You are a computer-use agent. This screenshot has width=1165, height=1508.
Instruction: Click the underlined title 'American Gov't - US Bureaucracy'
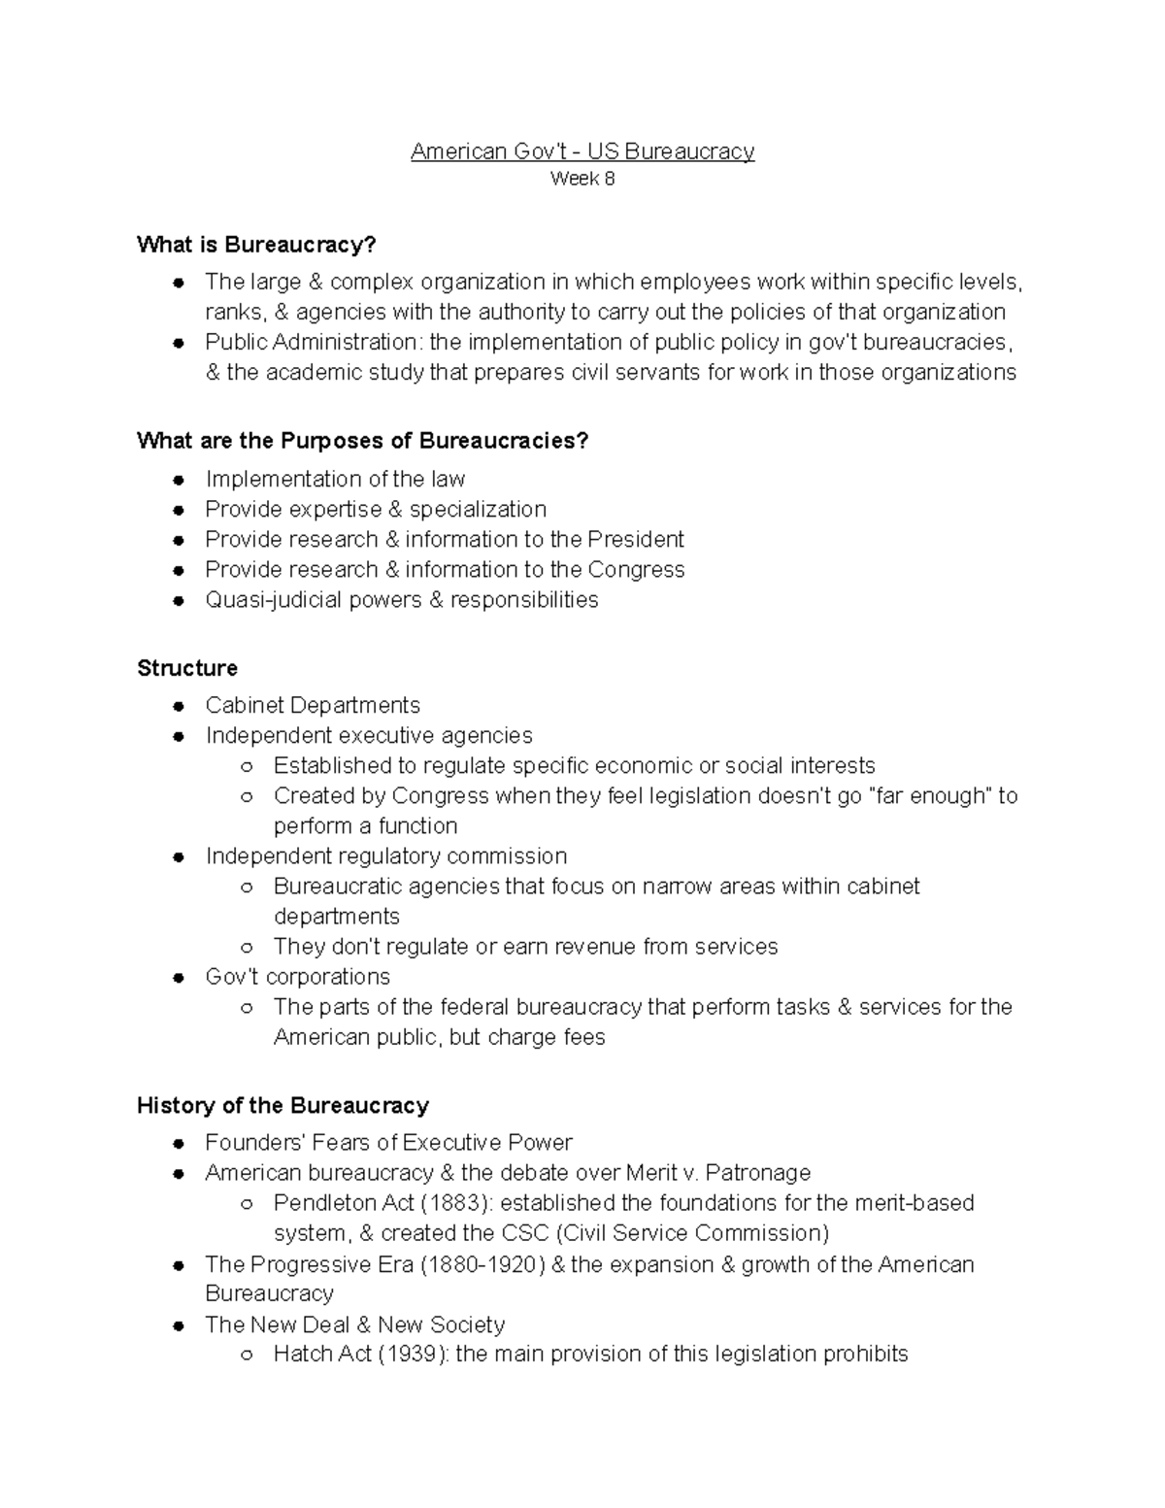(x=582, y=151)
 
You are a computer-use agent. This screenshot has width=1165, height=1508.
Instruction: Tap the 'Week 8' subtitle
(x=582, y=179)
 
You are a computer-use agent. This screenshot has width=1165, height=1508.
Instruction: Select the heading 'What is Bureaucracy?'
(x=256, y=245)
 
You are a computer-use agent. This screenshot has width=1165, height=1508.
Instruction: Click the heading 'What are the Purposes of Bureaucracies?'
(x=363, y=441)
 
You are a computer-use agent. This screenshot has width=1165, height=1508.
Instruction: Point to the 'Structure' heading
(x=187, y=668)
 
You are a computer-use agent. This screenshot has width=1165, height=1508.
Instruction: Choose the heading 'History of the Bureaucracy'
(x=283, y=1105)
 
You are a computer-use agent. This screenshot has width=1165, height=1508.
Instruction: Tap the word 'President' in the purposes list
(x=636, y=539)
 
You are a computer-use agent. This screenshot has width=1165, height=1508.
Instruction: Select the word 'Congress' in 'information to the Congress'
(x=637, y=569)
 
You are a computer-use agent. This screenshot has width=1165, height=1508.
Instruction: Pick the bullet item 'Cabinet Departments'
(x=313, y=705)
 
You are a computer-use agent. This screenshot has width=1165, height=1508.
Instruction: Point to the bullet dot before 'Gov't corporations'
(x=179, y=978)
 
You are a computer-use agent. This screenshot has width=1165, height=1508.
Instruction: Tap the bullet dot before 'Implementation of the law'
(x=179, y=481)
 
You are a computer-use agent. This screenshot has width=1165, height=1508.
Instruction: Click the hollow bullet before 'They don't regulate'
(x=247, y=948)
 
